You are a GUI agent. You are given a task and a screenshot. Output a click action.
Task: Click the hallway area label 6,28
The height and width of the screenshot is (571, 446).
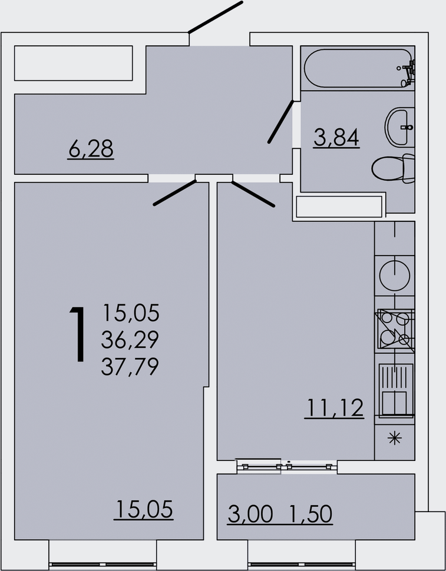click(x=91, y=148)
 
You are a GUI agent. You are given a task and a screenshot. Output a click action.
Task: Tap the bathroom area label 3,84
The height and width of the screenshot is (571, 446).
click(x=336, y=137)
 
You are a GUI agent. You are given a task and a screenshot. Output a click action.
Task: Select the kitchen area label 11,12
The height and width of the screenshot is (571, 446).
click(x=335, y=408)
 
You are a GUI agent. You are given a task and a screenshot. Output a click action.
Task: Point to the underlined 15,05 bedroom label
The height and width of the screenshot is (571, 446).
click(x=144, y=509)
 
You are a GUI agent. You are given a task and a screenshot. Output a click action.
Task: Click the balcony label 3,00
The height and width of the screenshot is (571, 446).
click(x=250, y=514)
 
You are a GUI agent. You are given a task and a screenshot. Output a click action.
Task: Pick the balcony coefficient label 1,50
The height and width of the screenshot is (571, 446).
click(x=311, y=514)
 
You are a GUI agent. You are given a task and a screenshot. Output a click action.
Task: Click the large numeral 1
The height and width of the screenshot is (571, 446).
click(x=78, y=334)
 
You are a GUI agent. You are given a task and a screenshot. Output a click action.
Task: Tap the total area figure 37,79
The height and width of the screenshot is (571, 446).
click(x=130, y=366)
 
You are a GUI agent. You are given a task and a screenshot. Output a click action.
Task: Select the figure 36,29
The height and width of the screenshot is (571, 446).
click(x=130, y=340)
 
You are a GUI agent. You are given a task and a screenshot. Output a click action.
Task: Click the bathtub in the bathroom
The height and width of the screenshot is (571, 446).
click(x=359, y=68)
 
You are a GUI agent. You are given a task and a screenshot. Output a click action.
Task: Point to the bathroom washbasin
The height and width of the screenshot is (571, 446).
click(x=399, y=127)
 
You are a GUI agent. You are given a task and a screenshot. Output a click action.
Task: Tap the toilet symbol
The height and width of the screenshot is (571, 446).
click(x=393, y=168)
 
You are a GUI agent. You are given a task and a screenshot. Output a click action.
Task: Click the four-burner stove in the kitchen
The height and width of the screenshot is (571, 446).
click(x=395, y=329)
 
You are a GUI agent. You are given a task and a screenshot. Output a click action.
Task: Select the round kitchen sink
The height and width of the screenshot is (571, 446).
click(x=395, y=275)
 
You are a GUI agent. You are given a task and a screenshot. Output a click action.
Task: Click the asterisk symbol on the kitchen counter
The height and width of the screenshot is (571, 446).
click(x=395, y=438)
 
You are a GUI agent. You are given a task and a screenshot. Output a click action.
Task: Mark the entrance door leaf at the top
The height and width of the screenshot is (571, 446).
click(x=216, y=17)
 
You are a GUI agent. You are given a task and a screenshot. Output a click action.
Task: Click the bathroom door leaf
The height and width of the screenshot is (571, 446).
click(x=280, y=122)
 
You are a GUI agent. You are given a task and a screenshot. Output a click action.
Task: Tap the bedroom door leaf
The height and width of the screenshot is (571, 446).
click(x=175, y=192)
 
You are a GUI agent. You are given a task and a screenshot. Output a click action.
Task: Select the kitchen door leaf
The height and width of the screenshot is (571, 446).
click(x=253, y=194)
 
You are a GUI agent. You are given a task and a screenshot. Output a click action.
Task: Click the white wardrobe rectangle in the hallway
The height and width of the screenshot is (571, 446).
click(x=73, y=63)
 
